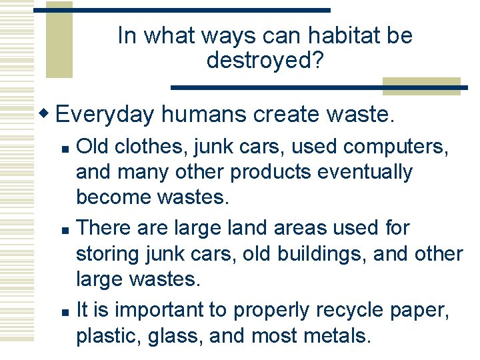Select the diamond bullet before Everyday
pos(47,113)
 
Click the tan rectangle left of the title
pos(59,40)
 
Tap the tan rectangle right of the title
pos(407,86)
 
